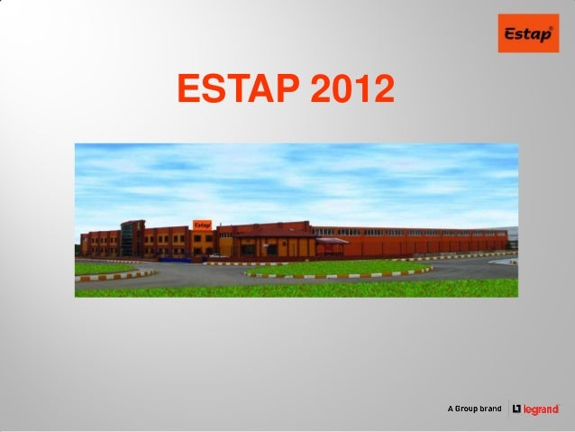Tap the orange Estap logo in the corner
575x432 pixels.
pos(528,33)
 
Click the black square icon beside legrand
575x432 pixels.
pos(517,409)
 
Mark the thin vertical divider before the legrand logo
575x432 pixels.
pos(509,409)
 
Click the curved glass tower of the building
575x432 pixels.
pos(132,237)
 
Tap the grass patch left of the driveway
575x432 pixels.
pos(104,268)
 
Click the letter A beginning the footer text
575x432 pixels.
pos(452,409)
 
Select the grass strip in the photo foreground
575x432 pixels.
pos(297,289)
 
